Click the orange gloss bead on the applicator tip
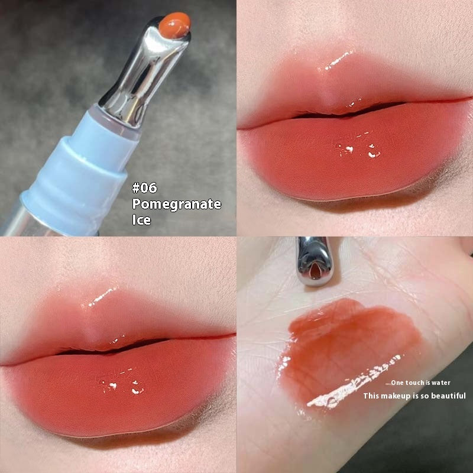[x=176, y=24]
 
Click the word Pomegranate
[x=176, y=205]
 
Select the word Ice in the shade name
[x=141, y=221]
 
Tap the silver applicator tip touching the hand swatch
[x=315, y=260]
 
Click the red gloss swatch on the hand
[x=349, y=349]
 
